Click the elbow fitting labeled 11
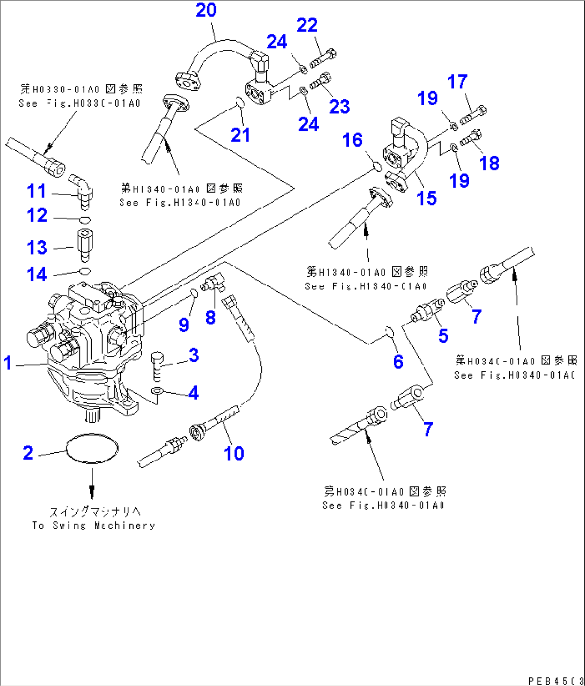coord(82,185)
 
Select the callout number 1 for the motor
coord(8,363)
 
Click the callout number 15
coord(427,198)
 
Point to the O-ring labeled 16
coord(377,167)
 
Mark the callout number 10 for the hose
coord(234,454)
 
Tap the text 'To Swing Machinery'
coord(93,526)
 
